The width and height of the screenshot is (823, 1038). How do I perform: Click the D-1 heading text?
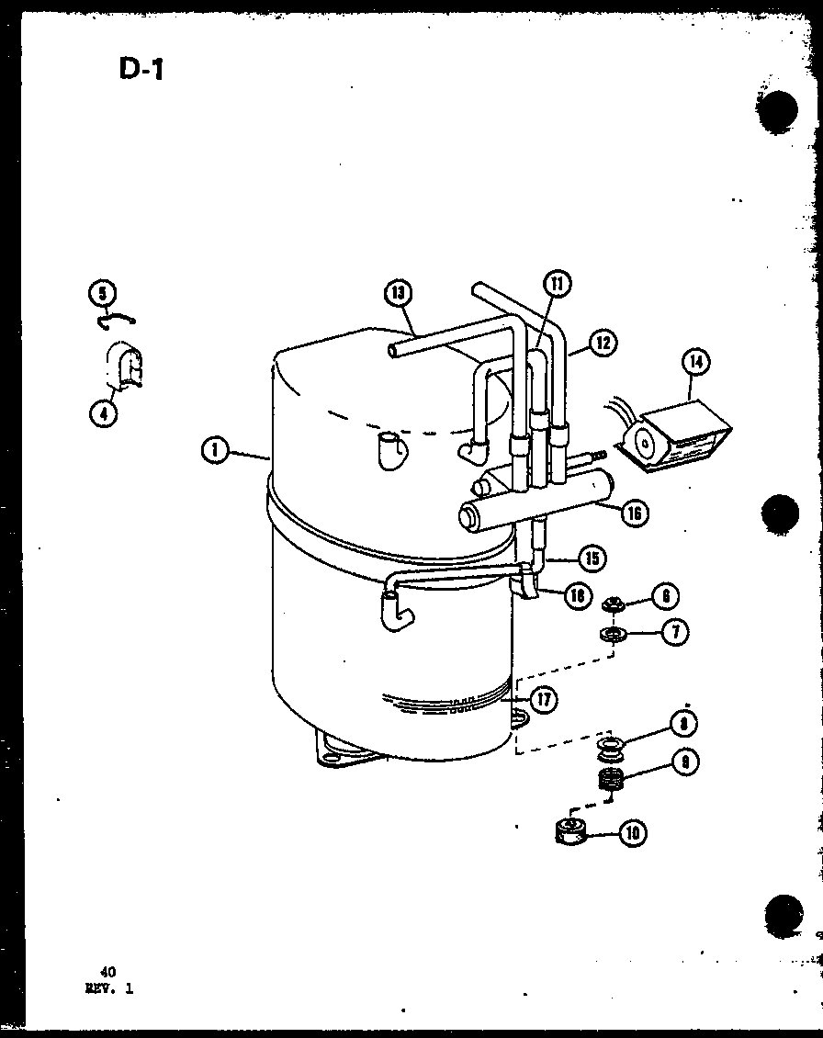click(x=141, y=69)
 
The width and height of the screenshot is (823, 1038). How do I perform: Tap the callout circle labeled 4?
click(x=103, y=413)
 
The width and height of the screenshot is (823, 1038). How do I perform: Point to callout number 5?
click(x=103, y=293)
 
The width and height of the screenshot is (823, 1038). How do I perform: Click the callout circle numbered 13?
click(x=398, y=293)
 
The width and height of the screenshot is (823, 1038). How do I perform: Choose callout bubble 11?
click(x=556, y=284)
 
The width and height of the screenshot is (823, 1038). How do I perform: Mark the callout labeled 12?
click(x=603, y=344)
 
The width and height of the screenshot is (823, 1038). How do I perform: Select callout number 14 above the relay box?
click(x=697, y=364)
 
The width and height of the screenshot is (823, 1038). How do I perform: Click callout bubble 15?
click(x=592, y=558)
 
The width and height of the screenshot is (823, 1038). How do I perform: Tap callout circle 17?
click(x=544, y=700)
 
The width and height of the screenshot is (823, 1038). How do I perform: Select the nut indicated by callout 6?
click(x=611, y=604)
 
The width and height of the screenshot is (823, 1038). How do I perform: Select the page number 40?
click(x=108, y=970)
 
